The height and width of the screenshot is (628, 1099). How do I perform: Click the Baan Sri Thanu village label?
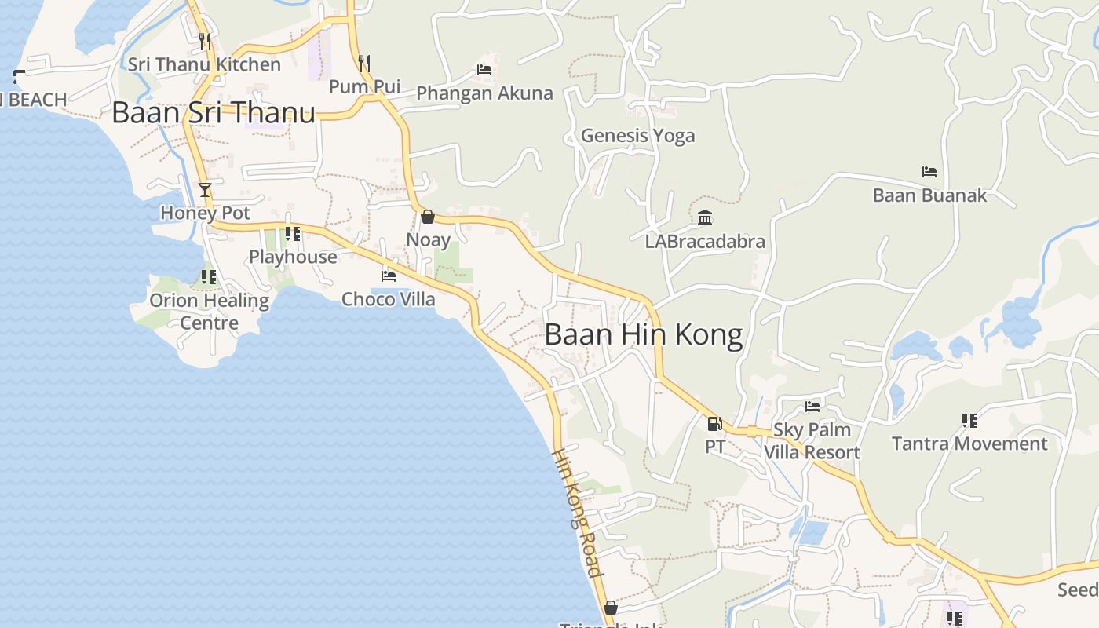point(214,112)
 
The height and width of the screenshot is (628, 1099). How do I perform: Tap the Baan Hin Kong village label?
point(643,335)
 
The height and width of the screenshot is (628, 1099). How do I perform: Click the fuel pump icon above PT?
point(714,424)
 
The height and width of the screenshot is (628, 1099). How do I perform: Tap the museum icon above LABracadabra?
point(705,217)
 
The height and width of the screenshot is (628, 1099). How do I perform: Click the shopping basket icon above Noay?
point(428,216)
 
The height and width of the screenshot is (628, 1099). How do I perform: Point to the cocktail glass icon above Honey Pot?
point(205,189)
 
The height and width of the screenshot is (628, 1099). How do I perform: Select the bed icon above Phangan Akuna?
point(484,70)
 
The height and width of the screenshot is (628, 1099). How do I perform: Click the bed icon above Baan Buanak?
point(929,172)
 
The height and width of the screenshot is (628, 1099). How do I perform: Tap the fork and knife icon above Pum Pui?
point(364,62)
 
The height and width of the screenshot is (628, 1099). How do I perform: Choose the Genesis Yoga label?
point(637,136)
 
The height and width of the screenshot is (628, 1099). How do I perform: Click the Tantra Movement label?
point(969,444)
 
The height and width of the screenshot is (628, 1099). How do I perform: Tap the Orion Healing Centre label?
point(209,312)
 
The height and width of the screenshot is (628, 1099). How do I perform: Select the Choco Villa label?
point(388,299)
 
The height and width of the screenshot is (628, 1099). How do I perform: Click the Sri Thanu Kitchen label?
point(204,64)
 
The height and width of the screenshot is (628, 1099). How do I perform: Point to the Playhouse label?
point(293,257)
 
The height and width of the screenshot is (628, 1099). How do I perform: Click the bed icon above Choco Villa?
point(388,276)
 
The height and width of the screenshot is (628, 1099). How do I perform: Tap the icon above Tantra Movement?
point(969,421)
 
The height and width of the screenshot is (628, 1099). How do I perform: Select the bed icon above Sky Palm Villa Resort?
point(812,406)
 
